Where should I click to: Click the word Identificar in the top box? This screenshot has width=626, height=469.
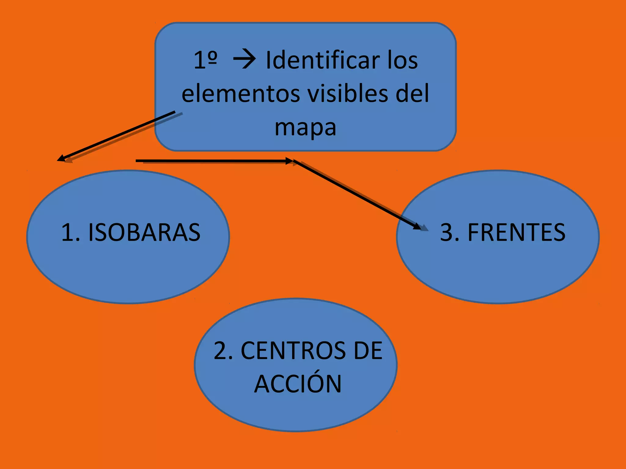click(322, 60)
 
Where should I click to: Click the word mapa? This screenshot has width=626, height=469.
click(305, 128)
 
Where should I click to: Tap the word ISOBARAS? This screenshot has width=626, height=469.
click(144, 232)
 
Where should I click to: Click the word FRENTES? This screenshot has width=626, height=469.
click(516, 232)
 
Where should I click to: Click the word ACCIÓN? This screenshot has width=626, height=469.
click(298, 384)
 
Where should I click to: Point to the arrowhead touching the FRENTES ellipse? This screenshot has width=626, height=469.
click(417, 226)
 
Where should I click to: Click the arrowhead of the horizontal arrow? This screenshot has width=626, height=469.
click(289, 161)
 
